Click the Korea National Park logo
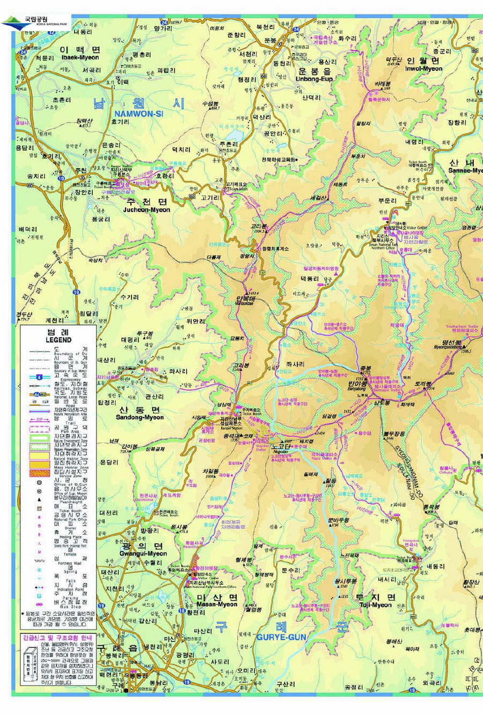pyautogui.click(x=34, y=21)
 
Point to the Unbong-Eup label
pyautogui.click(x=314, y=78)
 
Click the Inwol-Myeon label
pyautogui.click(x=423, y=69)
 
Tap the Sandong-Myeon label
pyautogui.click(x=139, y=417)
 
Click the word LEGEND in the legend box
pyautogui.click(x=58, y=340)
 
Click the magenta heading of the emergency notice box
pyautogui.click(x=58, y=638)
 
